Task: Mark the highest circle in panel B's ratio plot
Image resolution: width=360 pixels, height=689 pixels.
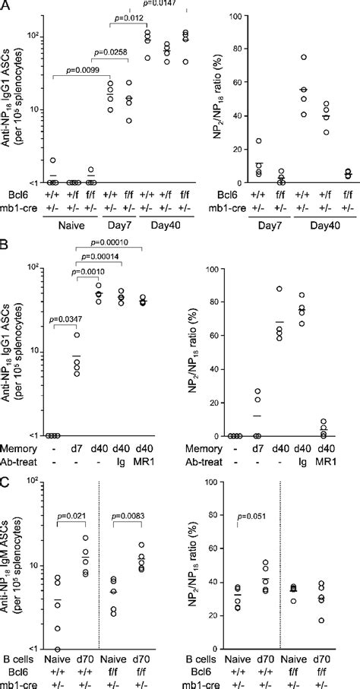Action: pyautogui.click(x=279, y=289)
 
